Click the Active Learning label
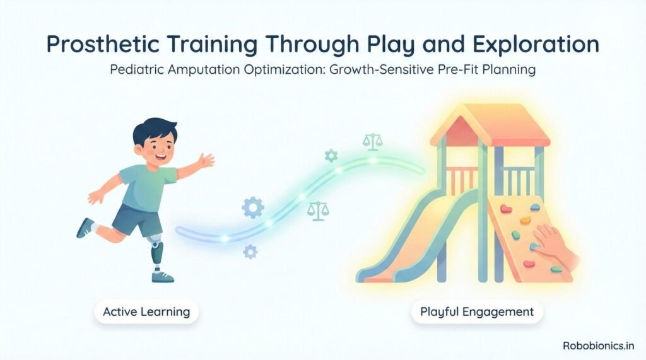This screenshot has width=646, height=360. point(147,311)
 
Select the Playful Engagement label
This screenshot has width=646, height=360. point(477,311)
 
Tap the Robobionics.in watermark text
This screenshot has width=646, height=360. point(598,345)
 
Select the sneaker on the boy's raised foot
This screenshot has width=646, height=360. point(85,228)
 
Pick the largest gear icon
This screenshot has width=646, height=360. point(252,206)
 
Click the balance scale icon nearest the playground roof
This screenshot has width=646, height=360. point(373,141)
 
